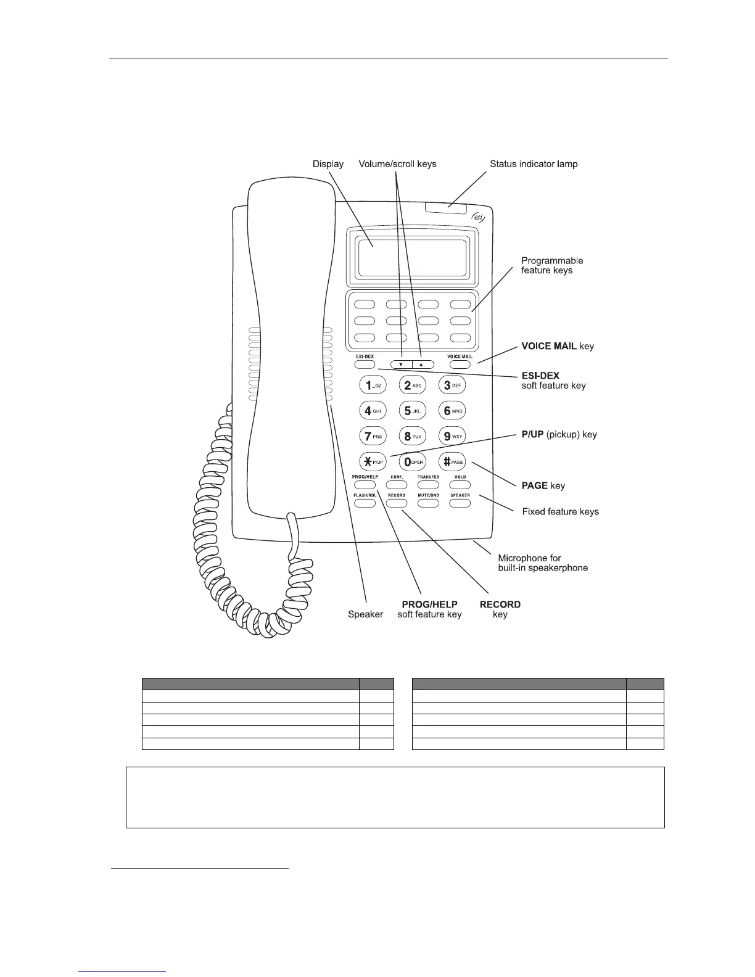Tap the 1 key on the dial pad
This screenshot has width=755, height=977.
click(x=373, y=385)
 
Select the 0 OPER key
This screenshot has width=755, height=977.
click(x=412, y=461)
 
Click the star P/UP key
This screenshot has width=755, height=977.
click(x=373, y=461)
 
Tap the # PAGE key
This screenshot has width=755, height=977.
click(x=452, y=461)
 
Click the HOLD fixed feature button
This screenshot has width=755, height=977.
click(x=460, y=485)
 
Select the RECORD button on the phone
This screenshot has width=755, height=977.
click(x=397, y=503)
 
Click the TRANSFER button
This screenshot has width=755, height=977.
click(x=428, y=485)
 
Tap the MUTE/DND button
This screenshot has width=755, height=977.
click(x=428, y=503)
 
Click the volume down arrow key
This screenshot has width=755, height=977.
click(x=401, y=365)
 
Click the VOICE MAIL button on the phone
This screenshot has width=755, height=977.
click(x=460, y=365)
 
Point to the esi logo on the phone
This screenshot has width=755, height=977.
click(x=479, y=216)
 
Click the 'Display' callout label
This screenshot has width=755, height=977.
click(x=328, y=164)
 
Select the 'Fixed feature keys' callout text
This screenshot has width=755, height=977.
click(x=560, y=511)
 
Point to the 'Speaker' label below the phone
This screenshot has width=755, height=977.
click(x=365, y=614)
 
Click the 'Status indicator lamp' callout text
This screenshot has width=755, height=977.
click(x=534, y=164)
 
